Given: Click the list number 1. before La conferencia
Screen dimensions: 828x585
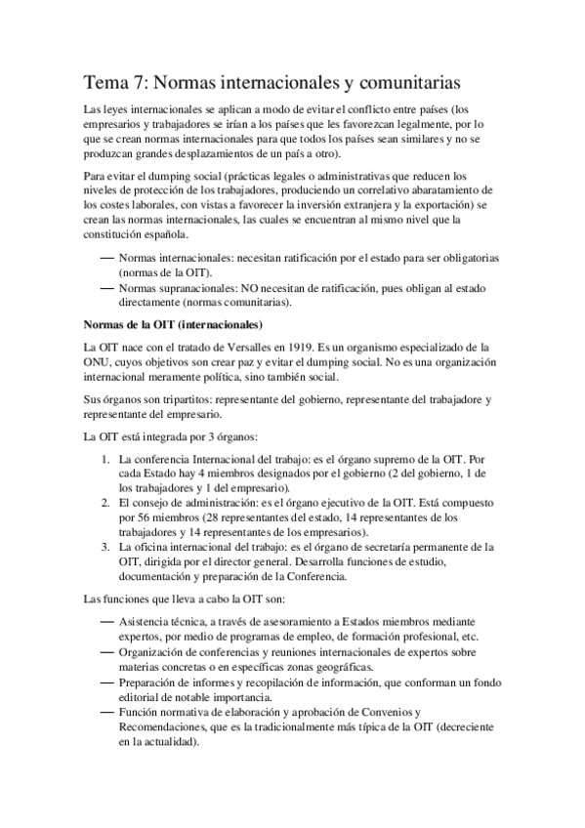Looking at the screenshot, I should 107,458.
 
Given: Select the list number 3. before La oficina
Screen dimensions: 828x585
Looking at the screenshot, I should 107,547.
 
